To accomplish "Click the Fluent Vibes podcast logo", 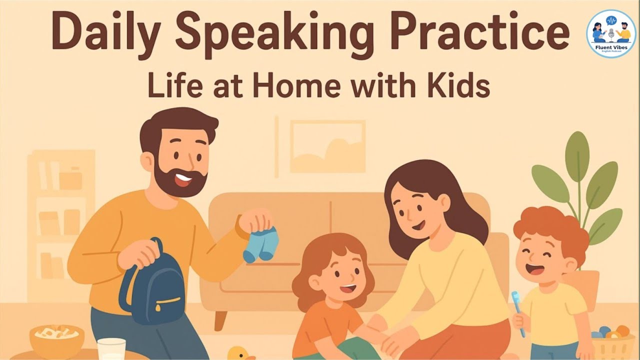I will [610, 33].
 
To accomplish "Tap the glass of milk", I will [111, 349].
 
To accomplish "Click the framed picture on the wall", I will [327, 146].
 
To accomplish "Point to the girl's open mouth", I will [348, 289].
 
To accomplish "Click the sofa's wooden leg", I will [219, 320].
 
